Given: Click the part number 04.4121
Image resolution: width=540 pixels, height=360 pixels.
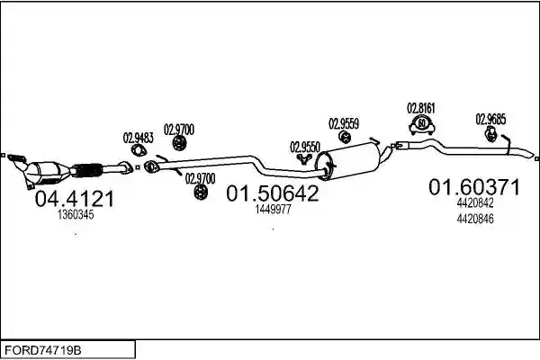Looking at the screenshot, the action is click(x=75, y=199).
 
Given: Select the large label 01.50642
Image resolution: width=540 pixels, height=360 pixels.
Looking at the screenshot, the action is click(x=273, y=193).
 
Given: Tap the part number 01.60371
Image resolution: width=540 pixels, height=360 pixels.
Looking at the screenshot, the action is click(x=474, y=187).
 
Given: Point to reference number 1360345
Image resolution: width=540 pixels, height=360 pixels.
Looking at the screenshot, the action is click(x=76, y=214).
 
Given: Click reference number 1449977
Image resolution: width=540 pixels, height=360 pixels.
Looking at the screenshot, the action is click(x=273, y=209).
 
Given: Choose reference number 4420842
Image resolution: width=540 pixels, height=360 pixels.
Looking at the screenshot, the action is click(x=475, y=202).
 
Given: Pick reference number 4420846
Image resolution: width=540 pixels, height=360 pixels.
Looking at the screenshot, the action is click(x=475, y=219).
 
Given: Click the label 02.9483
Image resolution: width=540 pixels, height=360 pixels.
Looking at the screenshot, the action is click(x=138, y=138).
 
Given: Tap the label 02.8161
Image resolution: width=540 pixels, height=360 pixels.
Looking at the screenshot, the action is click(x=421, y=108).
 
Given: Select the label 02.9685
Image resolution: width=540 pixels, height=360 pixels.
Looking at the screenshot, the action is click(x=490, y=119).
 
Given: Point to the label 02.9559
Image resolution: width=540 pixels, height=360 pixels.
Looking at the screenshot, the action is click(x=344, y=123).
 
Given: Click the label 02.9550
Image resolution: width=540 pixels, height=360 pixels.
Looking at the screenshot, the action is click(x=305, y=147).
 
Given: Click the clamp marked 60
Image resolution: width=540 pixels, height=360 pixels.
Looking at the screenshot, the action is click(x=422, y=124).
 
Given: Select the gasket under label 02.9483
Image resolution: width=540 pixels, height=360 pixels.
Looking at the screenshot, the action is click(x=139, y=150).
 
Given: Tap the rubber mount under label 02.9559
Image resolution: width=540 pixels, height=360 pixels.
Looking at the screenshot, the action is click(x=345, y=137).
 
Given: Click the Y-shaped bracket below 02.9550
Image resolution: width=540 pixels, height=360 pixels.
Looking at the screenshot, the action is click(x=304, y=158).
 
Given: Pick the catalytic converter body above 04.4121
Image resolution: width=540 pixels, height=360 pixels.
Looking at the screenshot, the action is click(x=48, y=172).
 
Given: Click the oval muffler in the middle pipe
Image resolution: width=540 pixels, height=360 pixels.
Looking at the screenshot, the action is click(x=348, y=160).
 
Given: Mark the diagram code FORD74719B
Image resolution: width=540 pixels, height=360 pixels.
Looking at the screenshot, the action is click(x=43, y=350).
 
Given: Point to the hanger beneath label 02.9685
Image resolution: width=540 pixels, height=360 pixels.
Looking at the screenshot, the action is click(x=490, y=134).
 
